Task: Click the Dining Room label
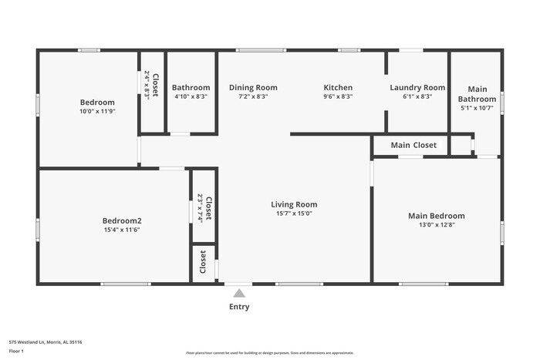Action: click(x=253, y=88)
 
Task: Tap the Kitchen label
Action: click(x=338, y=88)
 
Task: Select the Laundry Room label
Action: click(x=417, y=88)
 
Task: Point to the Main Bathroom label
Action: click(x=477, y=94)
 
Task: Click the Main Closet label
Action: click(x=413, y=145)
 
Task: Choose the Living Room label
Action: click(x=294, y=204)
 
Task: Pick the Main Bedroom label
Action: click(x=437, y=216)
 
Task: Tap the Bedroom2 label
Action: click(x=123, y=220)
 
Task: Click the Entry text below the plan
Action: click(x=239, y=307)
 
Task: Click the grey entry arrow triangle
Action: click(x=239, y=293)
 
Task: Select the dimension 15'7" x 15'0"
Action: click(x=294, y=214)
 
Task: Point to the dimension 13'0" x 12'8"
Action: click(x=437, y=225)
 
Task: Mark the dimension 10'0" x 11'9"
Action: click(x=97, y=111)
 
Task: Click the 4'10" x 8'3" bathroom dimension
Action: click(x=191, y=97)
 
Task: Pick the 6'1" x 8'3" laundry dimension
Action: click(x=417, y=97)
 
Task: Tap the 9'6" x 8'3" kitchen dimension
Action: click(x=338, y=97)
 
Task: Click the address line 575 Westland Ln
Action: click(x=46, y=341)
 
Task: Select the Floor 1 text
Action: click(x=17, y=352)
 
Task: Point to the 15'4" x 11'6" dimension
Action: click(x=123, y=230)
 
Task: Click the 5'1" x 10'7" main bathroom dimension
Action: click(x=477, y=108)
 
